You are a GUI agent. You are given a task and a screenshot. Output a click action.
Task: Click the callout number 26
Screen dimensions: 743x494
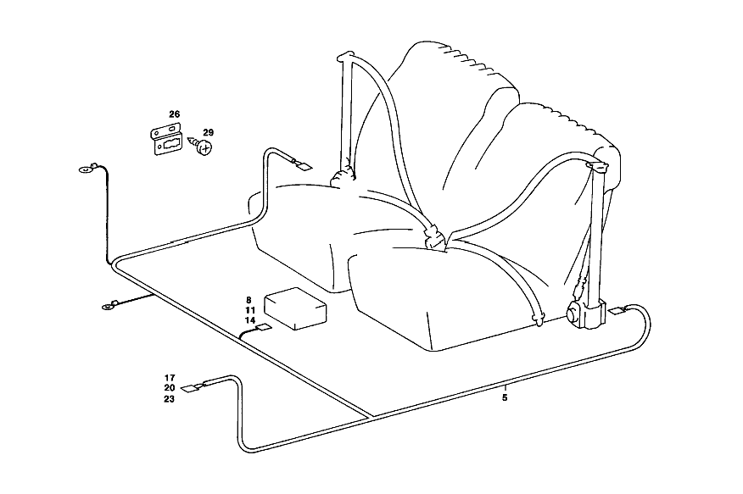[175, 114]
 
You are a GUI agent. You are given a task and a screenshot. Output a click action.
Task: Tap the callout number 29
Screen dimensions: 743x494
[208, 132]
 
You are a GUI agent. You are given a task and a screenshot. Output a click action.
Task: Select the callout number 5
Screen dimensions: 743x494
[505, 398]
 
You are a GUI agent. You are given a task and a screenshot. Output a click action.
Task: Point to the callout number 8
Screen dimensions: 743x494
[249, 300]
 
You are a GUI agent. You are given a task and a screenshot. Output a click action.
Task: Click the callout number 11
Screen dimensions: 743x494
[251, 310]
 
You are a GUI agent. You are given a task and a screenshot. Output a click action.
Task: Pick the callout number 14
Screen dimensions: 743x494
[251, 321]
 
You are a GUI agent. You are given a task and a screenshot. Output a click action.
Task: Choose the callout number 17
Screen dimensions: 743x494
[170, 378]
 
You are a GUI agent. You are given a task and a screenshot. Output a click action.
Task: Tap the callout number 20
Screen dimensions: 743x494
[170, 387]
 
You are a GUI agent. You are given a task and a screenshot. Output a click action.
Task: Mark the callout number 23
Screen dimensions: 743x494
[170, 399]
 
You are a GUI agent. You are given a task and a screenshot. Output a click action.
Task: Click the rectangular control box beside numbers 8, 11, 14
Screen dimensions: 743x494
[295, 308]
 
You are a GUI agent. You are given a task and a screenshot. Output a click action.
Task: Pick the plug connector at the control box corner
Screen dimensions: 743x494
[263, 329]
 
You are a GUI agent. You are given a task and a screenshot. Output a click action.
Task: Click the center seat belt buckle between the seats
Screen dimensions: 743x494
[434, 236]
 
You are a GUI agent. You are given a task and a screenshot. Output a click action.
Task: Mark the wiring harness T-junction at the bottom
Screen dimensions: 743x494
[370, 418]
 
